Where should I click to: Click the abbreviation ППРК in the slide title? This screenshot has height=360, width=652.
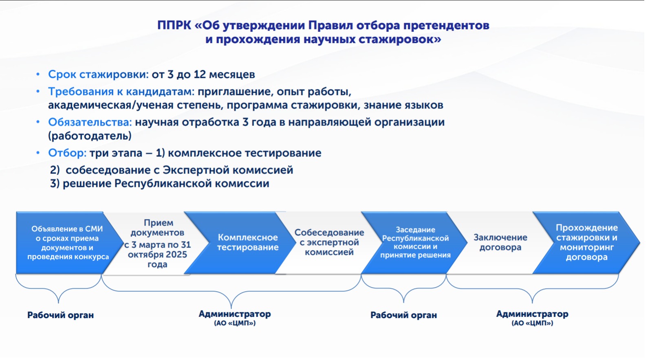[174, 25]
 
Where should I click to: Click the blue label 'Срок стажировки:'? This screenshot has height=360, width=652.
[98, 75]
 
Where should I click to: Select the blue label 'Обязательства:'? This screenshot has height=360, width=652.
[90, 122]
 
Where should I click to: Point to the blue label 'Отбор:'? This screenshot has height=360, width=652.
[67, 153]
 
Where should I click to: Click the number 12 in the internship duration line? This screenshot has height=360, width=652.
[200, 75]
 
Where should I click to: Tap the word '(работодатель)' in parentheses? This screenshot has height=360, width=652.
[90, 136]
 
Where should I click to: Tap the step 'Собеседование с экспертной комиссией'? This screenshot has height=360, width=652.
[329, 242]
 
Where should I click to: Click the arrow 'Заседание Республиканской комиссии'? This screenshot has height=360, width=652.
[415, 242]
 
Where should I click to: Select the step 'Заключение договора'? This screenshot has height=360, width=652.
[500, 242]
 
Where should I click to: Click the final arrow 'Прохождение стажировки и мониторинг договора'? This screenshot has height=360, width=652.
[586, 242]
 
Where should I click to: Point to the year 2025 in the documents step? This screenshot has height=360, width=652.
[176, 255]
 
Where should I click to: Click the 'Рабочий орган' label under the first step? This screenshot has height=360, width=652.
[60, 315]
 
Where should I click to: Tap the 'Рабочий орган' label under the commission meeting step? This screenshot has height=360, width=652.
[403, 315]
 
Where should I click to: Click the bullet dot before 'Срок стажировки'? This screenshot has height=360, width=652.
[38, 74]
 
